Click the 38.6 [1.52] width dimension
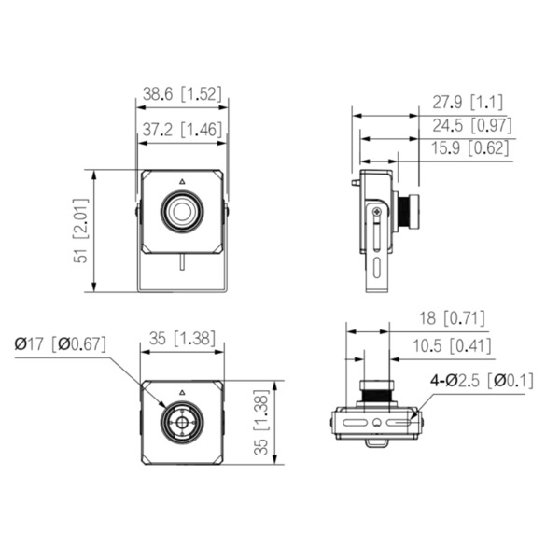pyautogui.click(x=180, y=94)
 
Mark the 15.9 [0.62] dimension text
pyautogui.click(x=469, y=148)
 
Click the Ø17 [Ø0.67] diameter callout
pyautogui.click(x=60, y=343)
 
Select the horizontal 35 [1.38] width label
pyautogui.click(x=182, y=343)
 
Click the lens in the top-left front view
pyautogui.click(x=181, y=212)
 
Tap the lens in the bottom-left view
pyautogui.click(x=181, y=423)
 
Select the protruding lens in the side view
pyautogui.click(x=407, y=211)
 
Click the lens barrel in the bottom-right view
pyautogui.click(x=375, y=392)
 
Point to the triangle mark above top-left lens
pyautogui.click(x=181, y=179)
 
